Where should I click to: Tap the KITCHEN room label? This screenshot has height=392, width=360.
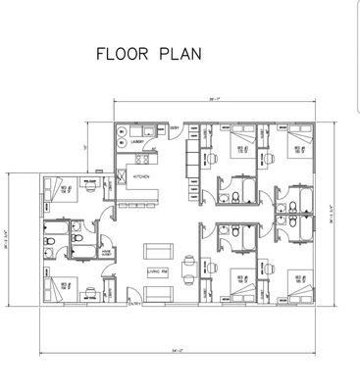pyautogui.click(x=141, y=177)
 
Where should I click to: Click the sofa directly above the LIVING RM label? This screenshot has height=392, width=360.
pyautogui.click(x=157, y=250)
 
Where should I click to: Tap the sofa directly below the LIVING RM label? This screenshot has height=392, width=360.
pyautogui.click(x=157, y=291)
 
